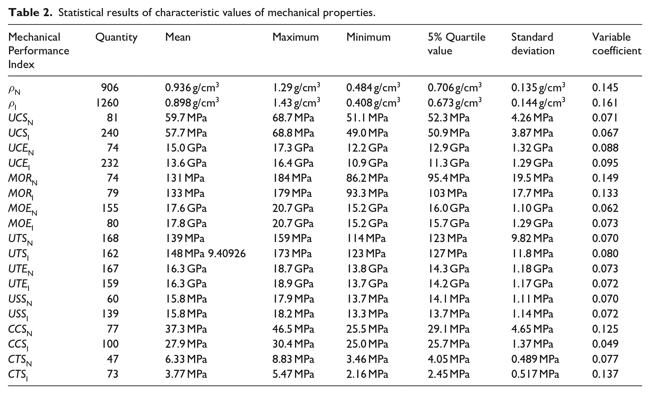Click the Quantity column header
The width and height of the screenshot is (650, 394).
pos(116,38)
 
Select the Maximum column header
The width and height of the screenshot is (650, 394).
pos(296,37)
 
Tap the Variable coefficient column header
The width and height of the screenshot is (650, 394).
pos(617,44)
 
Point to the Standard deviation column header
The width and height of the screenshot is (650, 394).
pos(533,44)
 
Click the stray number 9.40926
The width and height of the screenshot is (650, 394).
pos(227,254)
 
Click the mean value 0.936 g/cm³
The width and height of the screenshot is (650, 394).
pos(192,87)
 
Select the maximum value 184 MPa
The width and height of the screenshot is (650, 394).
pos(292,178)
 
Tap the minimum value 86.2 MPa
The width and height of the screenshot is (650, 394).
pos(367,178)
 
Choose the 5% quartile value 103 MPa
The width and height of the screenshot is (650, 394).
pos(447,193)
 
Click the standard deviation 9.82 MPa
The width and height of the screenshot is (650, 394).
pos(532,238)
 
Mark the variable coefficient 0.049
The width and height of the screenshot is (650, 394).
pos(605,344)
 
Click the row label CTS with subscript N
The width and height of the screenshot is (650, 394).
pos(20,360)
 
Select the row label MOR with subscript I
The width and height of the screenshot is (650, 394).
pos(21,194)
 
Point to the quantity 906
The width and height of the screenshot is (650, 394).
pos(110,88)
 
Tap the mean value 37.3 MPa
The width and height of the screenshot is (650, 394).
pos(186,329)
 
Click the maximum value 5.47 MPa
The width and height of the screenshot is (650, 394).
pos(293,374)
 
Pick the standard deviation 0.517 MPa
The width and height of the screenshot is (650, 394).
pos(535,374)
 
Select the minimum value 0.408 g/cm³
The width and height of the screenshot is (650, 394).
pos(373,102)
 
